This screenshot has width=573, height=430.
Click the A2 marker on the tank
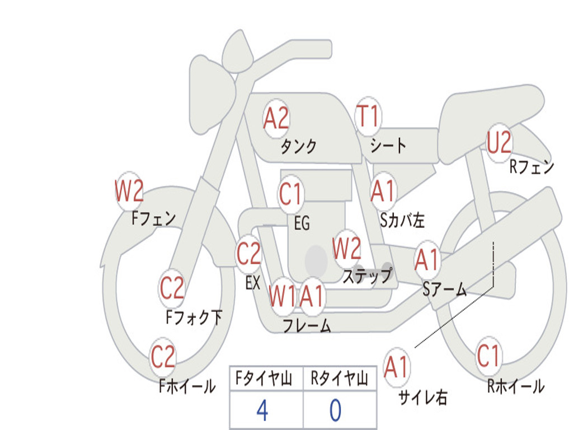(x=276, y=118)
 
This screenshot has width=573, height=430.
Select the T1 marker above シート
(x=368, y=116)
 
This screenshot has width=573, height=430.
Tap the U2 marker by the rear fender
(x=499, y=142)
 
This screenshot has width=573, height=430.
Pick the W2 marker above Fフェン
(x=129, y=190)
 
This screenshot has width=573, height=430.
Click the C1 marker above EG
(x=291, y=194)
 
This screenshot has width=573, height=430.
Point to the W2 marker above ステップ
(x=346, y=249)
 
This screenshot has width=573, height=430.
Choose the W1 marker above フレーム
(x=282, y=296)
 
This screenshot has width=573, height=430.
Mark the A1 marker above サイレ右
(x=396, y=366)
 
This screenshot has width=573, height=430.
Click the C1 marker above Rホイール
(x=488, y=356)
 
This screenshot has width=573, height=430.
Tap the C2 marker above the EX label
(x=249, y=254)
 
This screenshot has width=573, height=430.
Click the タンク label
(x=298, y=146)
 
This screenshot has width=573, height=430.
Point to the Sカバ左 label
(x=402, y=220)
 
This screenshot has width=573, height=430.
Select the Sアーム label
(x=444, y=289)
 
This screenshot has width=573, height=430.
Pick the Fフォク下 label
(x=194, y=317)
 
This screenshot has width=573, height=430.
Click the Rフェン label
(x=532, y=167)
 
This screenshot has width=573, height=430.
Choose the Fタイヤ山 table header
(x=264, y=378)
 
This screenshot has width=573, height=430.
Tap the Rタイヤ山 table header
(x=339, y=378)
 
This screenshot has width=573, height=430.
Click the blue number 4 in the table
(x=262, y=410)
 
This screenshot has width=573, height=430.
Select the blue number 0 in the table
(x=336, y=410)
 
